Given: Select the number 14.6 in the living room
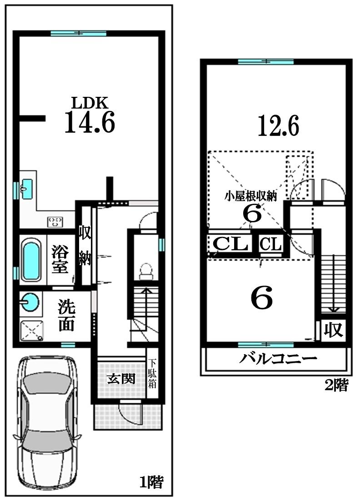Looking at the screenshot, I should pyautogui.click(x=89, y=122).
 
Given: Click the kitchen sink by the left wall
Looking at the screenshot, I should pyautogui.click(x=26, y=188).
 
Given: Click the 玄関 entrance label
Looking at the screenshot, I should pyautogui.click(x=120, y=378).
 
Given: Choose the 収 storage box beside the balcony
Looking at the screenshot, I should pyautogui.click(x=334, y=330).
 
